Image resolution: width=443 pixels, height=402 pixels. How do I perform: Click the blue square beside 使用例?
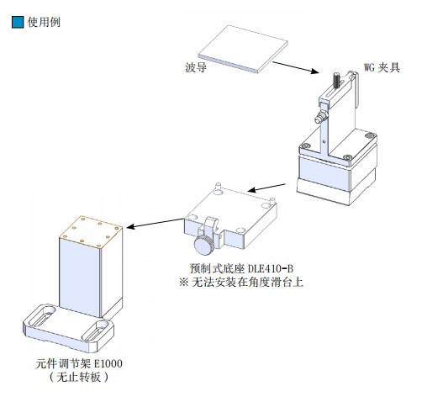coord(18,22)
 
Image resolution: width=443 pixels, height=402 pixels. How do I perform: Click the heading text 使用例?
coord(44,22)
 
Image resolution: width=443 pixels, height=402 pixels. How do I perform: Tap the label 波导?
coord(196,67)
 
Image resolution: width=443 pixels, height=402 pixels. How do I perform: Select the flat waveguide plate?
coord(243,49)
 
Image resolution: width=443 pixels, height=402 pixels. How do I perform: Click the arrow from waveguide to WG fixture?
coord(296,67)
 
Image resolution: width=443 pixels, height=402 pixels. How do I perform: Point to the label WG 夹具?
coord(382,67)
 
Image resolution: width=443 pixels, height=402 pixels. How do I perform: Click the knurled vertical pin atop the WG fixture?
coord(337,80)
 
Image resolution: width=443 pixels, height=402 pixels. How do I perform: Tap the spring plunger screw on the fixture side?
coord(320,117)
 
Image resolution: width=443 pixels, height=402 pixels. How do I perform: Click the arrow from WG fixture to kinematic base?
coord(266,188)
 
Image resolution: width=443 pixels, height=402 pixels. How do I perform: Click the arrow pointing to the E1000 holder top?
coord(156,223)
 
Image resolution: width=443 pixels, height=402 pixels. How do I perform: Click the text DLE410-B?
coord(271,268)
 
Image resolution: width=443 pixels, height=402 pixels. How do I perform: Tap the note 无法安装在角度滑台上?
coord(247,282)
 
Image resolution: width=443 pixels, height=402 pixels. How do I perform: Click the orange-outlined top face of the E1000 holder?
coord(91,232)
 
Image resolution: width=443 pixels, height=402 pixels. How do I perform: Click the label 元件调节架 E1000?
coord(79,363)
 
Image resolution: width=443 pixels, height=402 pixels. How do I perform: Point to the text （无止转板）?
coord(79,377)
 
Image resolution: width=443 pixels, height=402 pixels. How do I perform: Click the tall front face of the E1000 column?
coord(80,278)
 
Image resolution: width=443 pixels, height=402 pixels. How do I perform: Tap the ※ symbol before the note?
coord(183,282)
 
